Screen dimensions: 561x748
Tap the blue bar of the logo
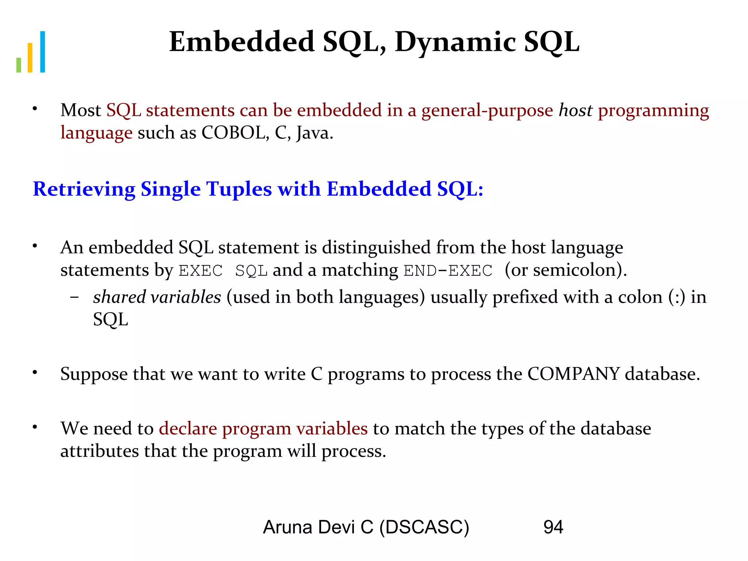tap(42, 52)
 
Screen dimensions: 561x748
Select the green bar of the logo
tap(19, 65)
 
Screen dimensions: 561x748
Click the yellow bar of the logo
tap(30, 58)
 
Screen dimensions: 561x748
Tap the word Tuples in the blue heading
tap(239, 189)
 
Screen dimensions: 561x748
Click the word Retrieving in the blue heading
tap(84, 189)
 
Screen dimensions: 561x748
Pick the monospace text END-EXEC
tap(448, 271)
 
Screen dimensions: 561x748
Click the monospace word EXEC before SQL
tap(201, 271)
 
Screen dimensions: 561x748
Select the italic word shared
tap(119, 297)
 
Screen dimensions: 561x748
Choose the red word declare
tap(188, 428)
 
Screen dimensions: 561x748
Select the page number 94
tap(553, 527)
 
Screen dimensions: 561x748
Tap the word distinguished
tap(376, 247)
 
